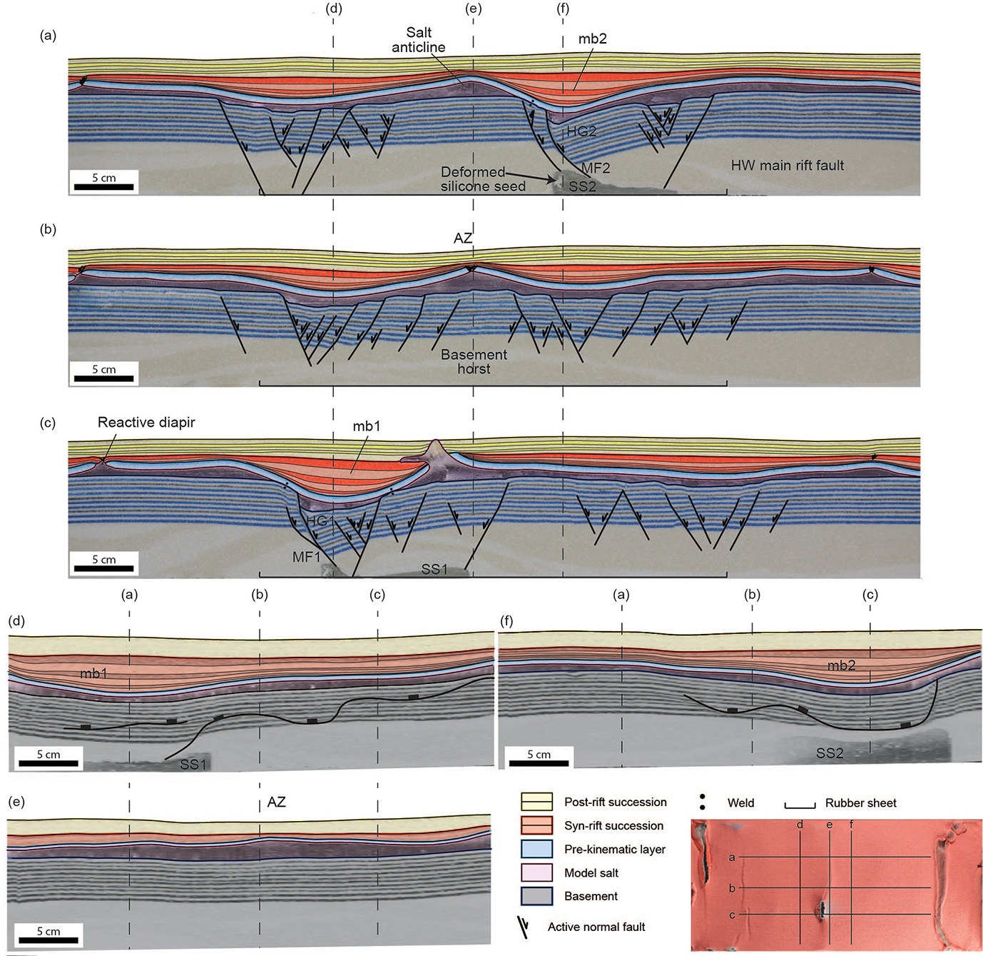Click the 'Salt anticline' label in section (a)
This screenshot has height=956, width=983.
coord(419,40)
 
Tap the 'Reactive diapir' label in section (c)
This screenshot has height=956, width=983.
coord(146,422)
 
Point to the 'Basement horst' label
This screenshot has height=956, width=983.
coord(474,361)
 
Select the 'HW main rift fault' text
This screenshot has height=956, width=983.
coord(787,166)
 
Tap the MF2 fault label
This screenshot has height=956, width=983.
coord(596,168)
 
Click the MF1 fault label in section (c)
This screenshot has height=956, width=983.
coord(307,556)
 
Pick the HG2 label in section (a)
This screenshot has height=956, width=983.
coord(581,131)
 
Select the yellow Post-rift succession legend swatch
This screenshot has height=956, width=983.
coord(537,802)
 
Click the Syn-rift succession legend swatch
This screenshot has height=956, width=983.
coord(537,825)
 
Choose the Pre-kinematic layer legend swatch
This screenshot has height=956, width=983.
coord(537,849)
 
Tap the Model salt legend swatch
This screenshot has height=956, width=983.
coord(537,872)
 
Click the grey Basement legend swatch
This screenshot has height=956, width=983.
coord(537,896)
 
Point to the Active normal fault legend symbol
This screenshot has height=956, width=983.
coord(525,927)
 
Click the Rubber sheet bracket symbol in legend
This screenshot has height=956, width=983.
coord(800,805)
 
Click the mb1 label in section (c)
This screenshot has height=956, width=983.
coord(367,426)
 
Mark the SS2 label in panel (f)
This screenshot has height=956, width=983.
coord(830,753)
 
